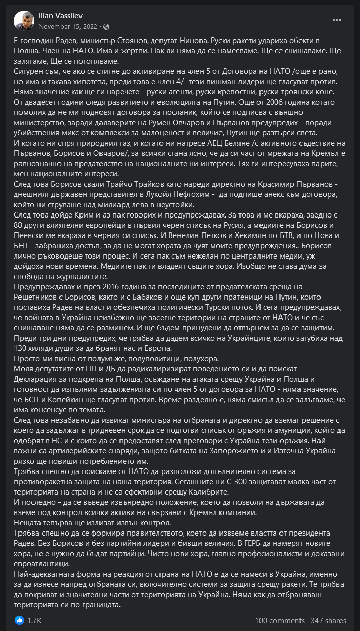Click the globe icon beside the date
(106, 26)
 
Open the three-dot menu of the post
(337, 21)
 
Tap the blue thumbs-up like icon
(19, 620)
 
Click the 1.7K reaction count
(35, 621)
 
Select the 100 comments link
(279, 621)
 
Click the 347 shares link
(328, 621)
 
